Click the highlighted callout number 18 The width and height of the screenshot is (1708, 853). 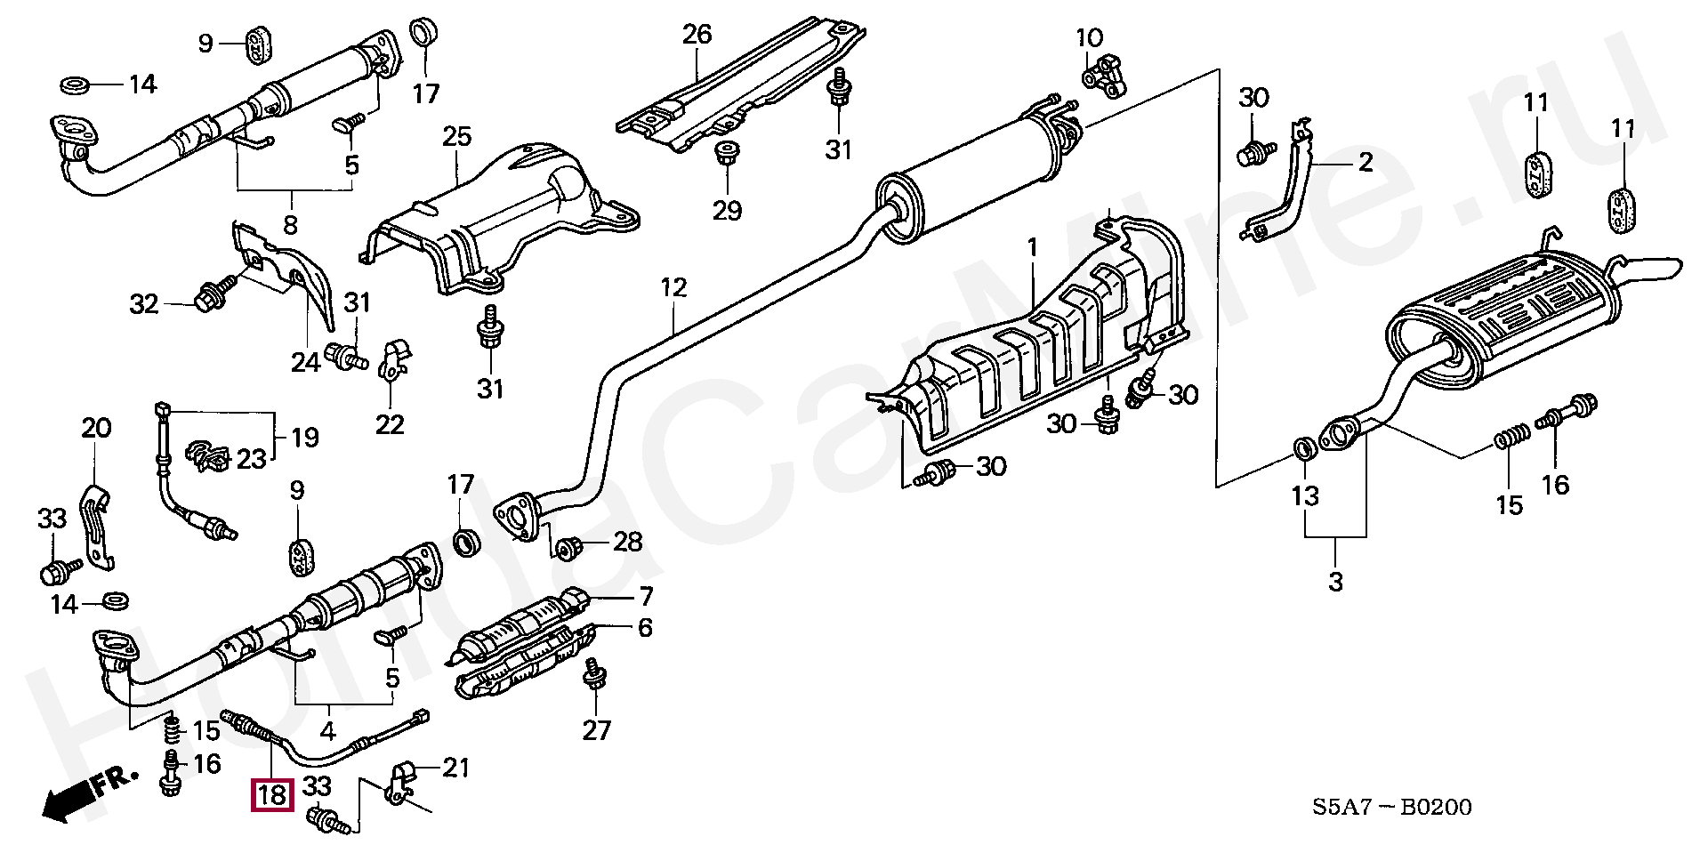[x=272, y=793]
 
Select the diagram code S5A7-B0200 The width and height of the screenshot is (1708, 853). [x=1391, y=807]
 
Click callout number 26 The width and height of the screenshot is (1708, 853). [x=697, y=35]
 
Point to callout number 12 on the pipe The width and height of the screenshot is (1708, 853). [x=673, y=287]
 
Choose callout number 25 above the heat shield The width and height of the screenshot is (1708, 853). [x=456, y=136]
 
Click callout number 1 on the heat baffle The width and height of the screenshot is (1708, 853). [x=1032, y=247]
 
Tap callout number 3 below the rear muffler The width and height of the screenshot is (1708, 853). [x=1335, y=582]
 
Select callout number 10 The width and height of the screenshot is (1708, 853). [x=1089, y=38]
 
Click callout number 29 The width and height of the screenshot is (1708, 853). [x=727, y=211]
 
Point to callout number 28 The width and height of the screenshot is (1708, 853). [x=627, y=542]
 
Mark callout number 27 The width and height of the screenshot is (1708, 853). [x=596, y=730]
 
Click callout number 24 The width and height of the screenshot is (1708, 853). [x=305, y=362]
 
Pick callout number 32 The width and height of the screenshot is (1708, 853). [x=144, y=304]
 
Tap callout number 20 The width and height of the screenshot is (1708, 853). [x=96, y=428]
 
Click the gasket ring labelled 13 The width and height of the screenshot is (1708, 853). [x=1303, y=447]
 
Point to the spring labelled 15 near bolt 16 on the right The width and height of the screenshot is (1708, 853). [x=1511, y=437]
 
